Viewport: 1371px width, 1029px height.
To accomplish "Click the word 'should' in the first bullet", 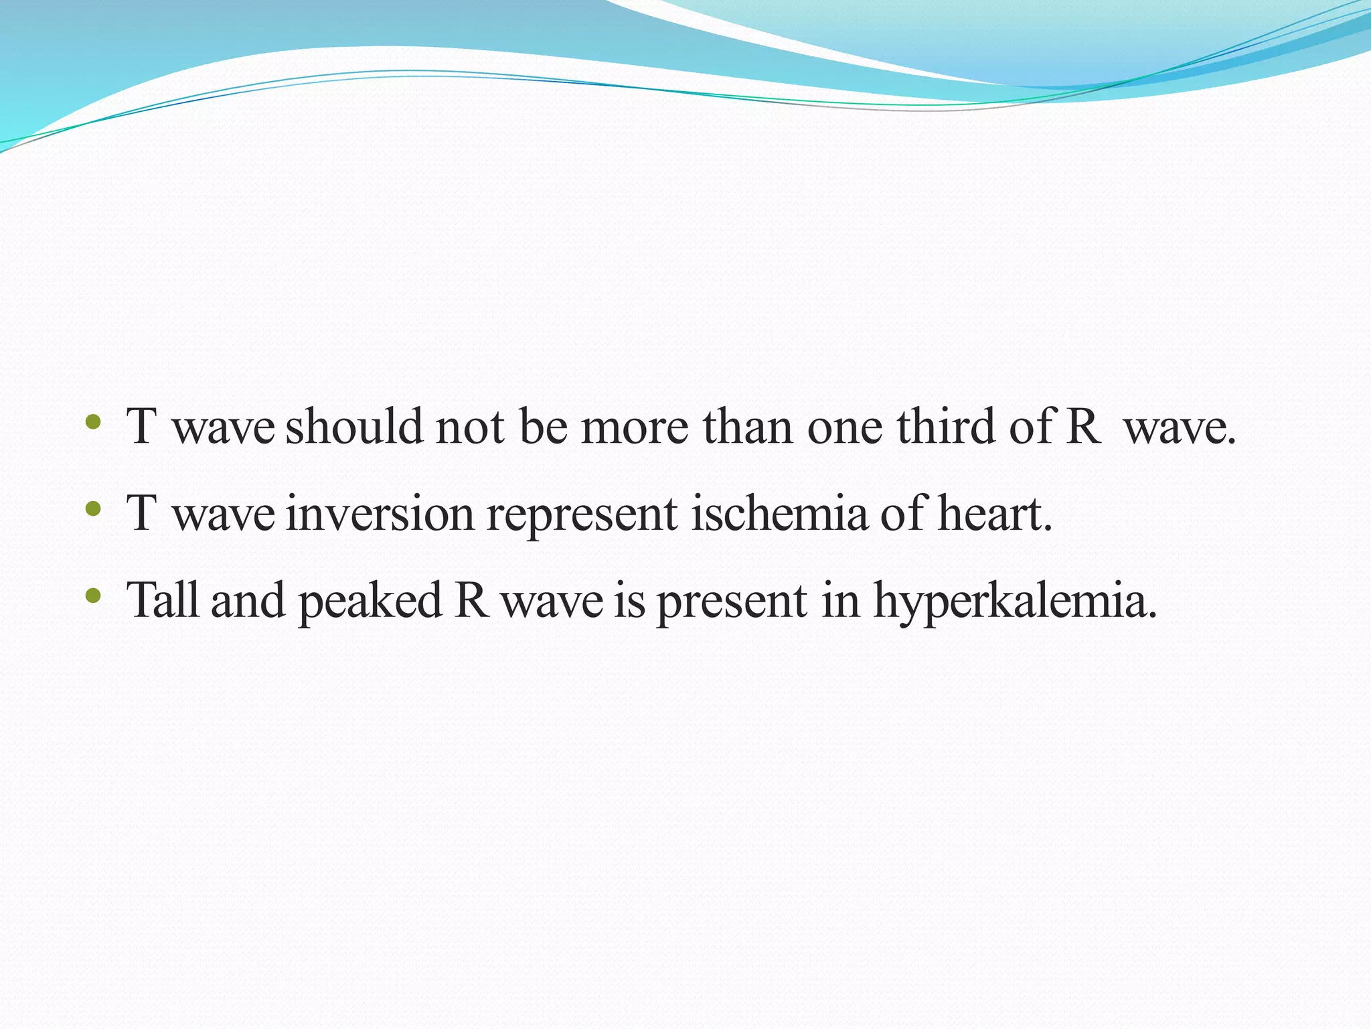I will (x=354, y=426).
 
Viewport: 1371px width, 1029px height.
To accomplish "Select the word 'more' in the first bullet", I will (x=634, y=427).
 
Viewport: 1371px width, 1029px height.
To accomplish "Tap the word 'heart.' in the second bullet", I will (x=995, y=513).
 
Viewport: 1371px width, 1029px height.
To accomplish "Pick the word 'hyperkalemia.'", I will (x=1015, y=602).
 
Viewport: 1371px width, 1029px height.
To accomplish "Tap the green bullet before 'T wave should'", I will (x=93, y=423).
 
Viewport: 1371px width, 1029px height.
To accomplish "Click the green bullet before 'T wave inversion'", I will (x=93, y=510).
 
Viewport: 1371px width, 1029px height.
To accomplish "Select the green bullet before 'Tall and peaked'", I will (x=93, y=596).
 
